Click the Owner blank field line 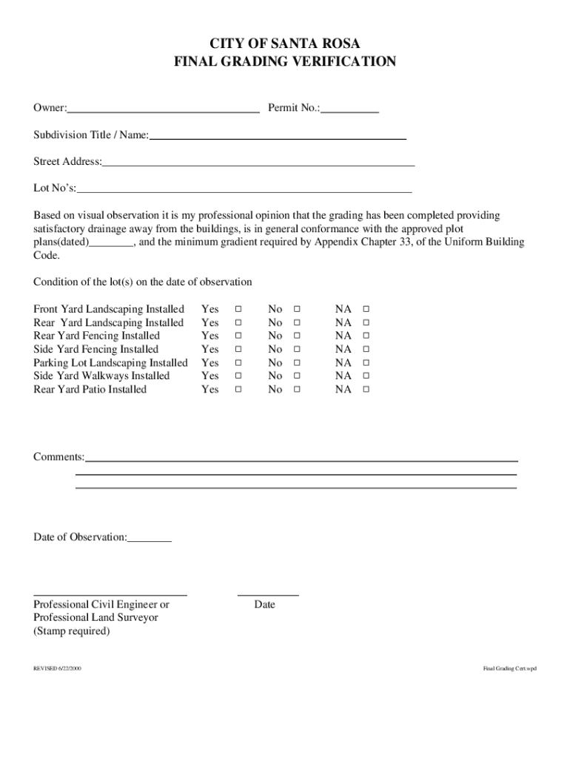[x=163, y=109]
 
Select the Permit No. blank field [x=349, y=109]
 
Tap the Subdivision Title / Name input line [x=278, y=137]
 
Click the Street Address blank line [x=258, y=163]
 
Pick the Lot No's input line [x=244, y=190]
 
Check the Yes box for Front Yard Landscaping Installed [x=238, y=309]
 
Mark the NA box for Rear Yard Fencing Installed [x=365, y=336]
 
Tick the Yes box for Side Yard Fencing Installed [x=238, y=350]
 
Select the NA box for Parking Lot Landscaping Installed [x=365, y=363]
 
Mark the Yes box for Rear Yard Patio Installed [x=238, y=390]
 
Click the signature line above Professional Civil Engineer [x=110, y=593]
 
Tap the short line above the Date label [x=268, y=593]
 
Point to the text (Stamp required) [x=72, y=631]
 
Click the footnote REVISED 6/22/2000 [x=57, y=668]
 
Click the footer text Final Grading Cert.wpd [x=509, y=668]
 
